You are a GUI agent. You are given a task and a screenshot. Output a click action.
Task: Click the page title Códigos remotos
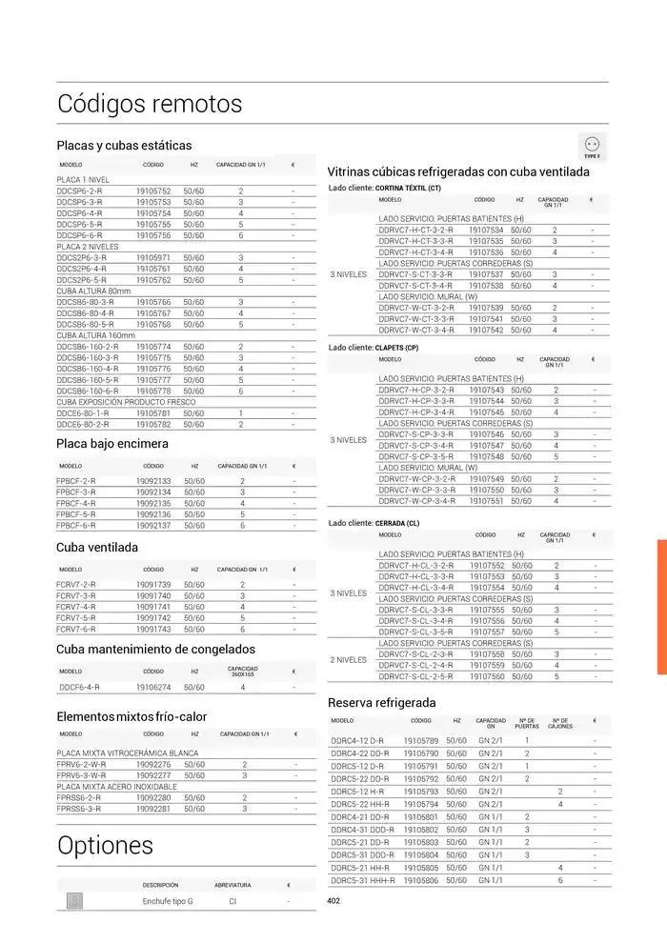point(150,103)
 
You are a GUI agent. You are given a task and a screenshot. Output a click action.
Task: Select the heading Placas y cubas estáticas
point(124,146)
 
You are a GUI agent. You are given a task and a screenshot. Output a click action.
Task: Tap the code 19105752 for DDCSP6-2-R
point(153,191)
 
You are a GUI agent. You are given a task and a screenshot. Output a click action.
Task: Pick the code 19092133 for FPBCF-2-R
point(153,481)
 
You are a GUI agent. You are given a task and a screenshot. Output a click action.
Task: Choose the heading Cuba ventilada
point(97,548)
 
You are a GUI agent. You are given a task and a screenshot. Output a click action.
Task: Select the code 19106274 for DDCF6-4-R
point(153,687)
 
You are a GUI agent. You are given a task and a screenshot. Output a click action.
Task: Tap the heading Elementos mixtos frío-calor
point(131,716)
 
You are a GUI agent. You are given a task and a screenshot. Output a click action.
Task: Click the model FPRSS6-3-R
point(79,809)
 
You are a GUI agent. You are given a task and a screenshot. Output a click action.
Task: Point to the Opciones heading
point(105,845)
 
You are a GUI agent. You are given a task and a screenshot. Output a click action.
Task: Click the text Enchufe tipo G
point(168,900)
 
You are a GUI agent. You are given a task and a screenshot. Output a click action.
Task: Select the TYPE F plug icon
point(592,146)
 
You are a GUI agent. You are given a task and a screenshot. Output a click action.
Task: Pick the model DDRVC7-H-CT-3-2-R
point(415,230)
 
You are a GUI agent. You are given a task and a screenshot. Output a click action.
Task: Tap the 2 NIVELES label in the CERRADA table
point(348,659)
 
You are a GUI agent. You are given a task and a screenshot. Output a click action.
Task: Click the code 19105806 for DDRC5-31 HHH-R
point(421,880)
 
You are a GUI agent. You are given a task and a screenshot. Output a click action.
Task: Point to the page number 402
point(333,901)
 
